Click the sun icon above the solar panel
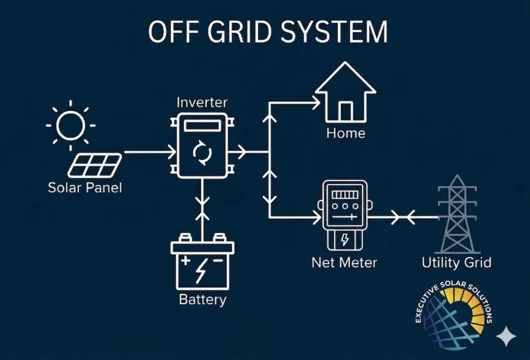(x=70, y=125)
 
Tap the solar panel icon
(x=95, y=165)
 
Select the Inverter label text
(x=202, y=102)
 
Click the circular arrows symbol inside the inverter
(x=202, y=153)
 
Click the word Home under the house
(x=346, y=133)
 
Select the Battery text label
(x=202, y=299)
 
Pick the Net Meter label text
(x=344, y=262)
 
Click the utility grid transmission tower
(x=457, y=215)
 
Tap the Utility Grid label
(x=456, y=262)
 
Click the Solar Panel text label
(x=85, y=187)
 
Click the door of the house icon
(x=346, y=111)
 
